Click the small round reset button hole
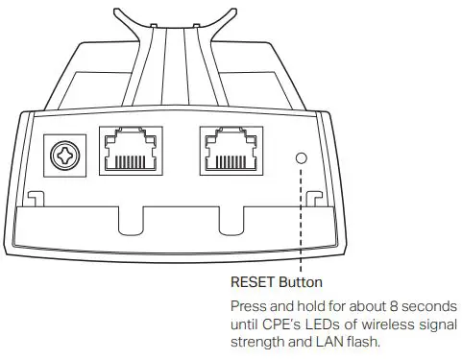303,156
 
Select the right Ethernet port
234,153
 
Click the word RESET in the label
254,283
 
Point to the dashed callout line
303,221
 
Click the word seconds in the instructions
431,305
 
